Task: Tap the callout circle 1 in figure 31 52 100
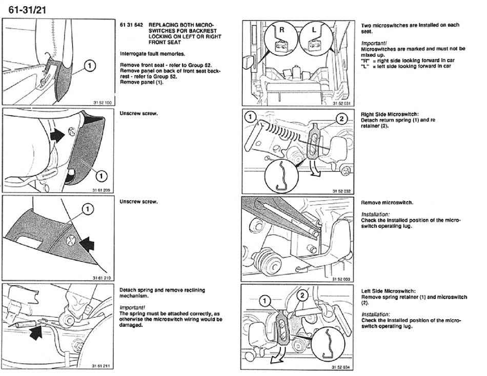89,65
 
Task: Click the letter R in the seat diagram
280,31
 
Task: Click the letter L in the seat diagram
314,31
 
